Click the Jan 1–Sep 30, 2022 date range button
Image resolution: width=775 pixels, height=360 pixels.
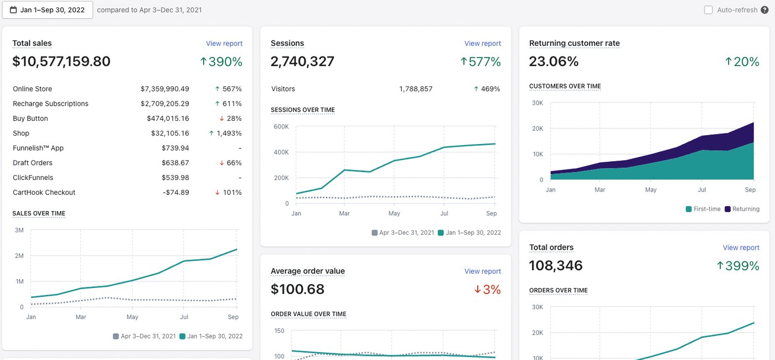pyautogui.click(x=48, y=10)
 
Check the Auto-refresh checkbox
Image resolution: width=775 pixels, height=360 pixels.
pyautogui.click(x=708, y=10)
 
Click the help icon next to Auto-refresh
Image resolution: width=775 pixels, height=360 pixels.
pyautogui.click(x=764, y=10)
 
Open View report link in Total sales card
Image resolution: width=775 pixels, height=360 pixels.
pyautogui.click(x=224, y=43)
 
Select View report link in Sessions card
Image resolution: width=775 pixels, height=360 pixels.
pyautogui.click(x=483, y=43)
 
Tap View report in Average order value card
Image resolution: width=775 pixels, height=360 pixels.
pyautogui.click(x=483, y=271)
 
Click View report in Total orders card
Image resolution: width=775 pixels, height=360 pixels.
pyautogui.click(x=741, y=248)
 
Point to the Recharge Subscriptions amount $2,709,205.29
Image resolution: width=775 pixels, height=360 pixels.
pyautogui.click(x=165, y=104)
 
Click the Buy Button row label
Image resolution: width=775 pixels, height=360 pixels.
pyautogui.click(x=30, y=119)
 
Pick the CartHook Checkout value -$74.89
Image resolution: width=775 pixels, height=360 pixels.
pyautogui.click(x=176, y=193)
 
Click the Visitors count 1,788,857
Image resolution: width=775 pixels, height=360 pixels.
pyautogui.click(x=416, y=89)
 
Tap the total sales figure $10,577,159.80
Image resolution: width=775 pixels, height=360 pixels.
pyautogui.click(x=61, y=61)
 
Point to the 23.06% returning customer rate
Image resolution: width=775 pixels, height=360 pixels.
pyautogui.click(x=554, y=61)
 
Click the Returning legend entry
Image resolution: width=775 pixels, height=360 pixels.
pyautogui.click(x=742, y=209)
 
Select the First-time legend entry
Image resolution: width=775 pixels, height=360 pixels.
pyautogui.click(x=703, y=209)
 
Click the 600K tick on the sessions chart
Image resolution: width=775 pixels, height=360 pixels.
pyautogui.click(x=281, y=127)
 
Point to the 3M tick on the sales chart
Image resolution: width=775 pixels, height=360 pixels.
pyautogui.click(x=19, y=230)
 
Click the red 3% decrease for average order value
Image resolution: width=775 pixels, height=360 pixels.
pyautogui.click(x=488, y=289)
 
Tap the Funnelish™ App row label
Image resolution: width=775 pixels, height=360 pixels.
pyautogui.click(x=38, y=148)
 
